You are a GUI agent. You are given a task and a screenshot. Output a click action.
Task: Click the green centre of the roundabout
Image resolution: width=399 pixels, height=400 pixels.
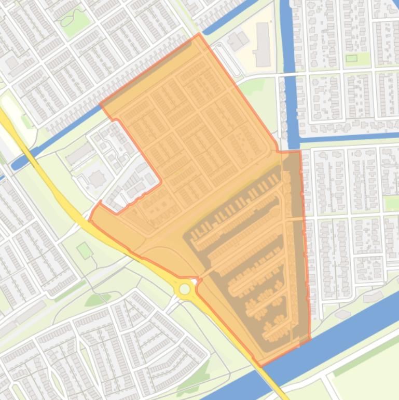(x=184, y=289)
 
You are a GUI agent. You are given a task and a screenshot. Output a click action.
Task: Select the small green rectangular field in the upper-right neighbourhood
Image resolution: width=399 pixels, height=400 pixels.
(x=352, y=58)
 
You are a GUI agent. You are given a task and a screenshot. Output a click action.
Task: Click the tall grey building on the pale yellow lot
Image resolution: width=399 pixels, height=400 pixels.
(x=263, y=44)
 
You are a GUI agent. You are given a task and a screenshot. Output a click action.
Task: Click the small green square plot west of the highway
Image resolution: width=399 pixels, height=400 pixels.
(x=85, y=250)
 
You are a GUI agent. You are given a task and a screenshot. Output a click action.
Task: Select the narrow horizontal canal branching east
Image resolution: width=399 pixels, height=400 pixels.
(x=348, y=138)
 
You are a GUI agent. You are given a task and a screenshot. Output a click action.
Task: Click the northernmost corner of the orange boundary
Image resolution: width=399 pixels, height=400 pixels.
(x=199, y=34)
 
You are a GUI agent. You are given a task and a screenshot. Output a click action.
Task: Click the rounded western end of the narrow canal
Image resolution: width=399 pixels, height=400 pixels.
(x=15, y=166)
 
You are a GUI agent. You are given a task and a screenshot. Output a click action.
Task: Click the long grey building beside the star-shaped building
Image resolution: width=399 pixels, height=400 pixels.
(x=79, y=154)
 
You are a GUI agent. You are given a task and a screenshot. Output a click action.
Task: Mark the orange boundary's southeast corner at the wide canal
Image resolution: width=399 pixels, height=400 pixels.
(x=310, y=338)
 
